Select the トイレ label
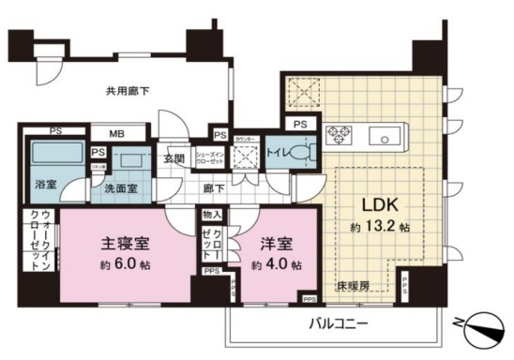pos(280,152)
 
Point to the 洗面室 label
pos(120,187)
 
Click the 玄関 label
pos(174,157)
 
